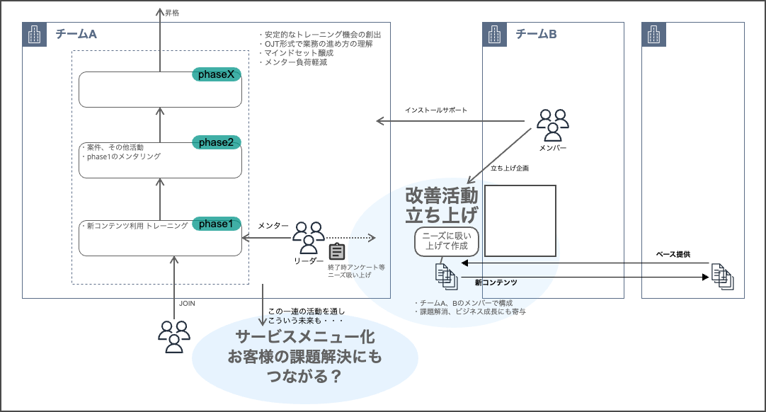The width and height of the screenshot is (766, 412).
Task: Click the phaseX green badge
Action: pyautogui.click(x=217, y=74)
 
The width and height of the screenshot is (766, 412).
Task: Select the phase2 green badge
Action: pyautogui.click(x=217, y=142)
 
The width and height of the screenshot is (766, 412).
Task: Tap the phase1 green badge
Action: pyautogui.click(x=217, y=224)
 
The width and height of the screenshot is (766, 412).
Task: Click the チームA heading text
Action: pyautogui.click(x=76, y=34)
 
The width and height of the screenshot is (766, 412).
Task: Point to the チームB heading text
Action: pyautogui.click(x=536, y=34)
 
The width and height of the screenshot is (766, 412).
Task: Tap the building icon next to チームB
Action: pyautogui.click(x=494, y=34)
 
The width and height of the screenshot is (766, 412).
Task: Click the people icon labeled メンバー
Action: pyautogui.click(x=552, y=124)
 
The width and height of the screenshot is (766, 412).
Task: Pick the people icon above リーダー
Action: pyautogui.click(x=309, y=236)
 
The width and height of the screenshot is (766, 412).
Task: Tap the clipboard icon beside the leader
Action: pyautogui.click(x=337, y=251)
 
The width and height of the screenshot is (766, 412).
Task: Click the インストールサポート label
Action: pyautogui.click(x=436, y=110)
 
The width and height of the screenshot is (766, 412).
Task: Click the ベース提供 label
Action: pyautogui.click(x=673, y=253)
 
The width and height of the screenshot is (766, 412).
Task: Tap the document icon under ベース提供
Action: pyautogui.click(x=723, y=276)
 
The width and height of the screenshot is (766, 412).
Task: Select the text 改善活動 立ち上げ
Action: pyautogui.click(x=442, y=205)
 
